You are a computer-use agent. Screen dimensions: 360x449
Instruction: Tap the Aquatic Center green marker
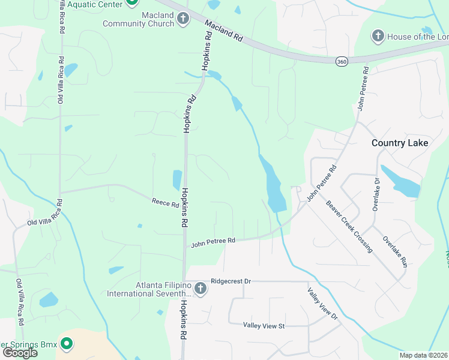(x=133, y=3)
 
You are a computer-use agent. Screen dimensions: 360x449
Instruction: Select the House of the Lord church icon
(x=378, y=37)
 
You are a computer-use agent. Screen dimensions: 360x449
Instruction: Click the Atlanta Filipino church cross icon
(x=200, y=289)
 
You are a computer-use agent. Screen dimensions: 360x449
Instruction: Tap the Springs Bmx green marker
(x=67, y=344)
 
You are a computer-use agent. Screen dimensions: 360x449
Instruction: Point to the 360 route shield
(x=342, y=61)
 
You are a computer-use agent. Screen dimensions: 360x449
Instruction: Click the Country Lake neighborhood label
(x=400, y=143)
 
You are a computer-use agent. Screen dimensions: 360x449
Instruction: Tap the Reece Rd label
(x=165, y=204)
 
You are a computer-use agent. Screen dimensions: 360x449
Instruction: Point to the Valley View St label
(x=264, y=325)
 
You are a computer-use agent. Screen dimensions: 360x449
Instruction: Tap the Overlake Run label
(x=395, y=251)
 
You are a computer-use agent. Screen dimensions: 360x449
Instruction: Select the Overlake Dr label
(x=376, y=194)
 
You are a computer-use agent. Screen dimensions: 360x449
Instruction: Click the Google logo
(x=20, y=353)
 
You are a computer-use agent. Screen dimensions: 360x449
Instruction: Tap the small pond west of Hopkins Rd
(x=177, y=179)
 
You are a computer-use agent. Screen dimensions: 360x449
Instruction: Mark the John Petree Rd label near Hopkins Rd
(x=212, y=242)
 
